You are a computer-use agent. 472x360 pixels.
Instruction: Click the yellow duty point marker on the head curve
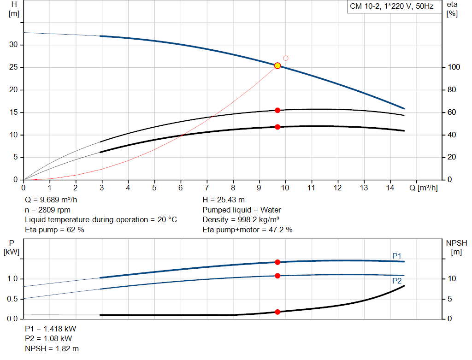pyautogui.click(x=277, y=65)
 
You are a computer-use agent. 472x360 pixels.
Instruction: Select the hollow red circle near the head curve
pyautogui.click(x=286, y=58)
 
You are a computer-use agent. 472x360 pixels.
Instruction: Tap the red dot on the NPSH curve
pyautogui.click(x=277, y=312)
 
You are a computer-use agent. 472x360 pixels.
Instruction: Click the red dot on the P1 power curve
pyautogui.click(x=277, y=262)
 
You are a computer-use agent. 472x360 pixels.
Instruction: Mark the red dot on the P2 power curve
pyautogui.click(x=277, y=276)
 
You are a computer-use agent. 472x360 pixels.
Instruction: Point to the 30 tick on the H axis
pyautogui.click(x=13, y=45)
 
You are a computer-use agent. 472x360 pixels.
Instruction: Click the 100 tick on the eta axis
pyautogui.click(x=454, y=67)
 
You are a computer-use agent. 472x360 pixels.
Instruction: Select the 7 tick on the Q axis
pyautogui.click(x=207, y=188)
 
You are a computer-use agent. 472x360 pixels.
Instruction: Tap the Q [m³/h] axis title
pyautogui.click(x=424, y=188)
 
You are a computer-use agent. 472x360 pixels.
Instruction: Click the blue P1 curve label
pyautogui.click(x=397, y=256)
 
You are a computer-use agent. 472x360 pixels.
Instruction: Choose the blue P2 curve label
pyautogui.click(x=397, y=281)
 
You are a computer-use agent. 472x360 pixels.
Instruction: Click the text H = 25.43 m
pyautogui.click(x=224, y=200)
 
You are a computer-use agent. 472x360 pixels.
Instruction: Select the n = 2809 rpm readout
pyautogui.click(x=48, y=210)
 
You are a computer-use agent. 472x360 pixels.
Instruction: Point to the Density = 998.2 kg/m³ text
pyautogui.click(x=241, y=220)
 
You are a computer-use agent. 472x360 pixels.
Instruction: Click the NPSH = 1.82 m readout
pyautogui.click(x=52, y=348)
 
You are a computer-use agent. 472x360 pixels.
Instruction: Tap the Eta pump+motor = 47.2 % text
pyautogui.click(x=248, y=230)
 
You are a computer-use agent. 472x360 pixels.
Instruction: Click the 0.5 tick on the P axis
pyautogui.click(x=12, y=299)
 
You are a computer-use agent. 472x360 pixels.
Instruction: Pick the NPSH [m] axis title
pyautogui.click(x=456, y=248)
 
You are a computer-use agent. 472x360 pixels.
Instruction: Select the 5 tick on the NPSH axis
pyautogui.click(x=450, y=299)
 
